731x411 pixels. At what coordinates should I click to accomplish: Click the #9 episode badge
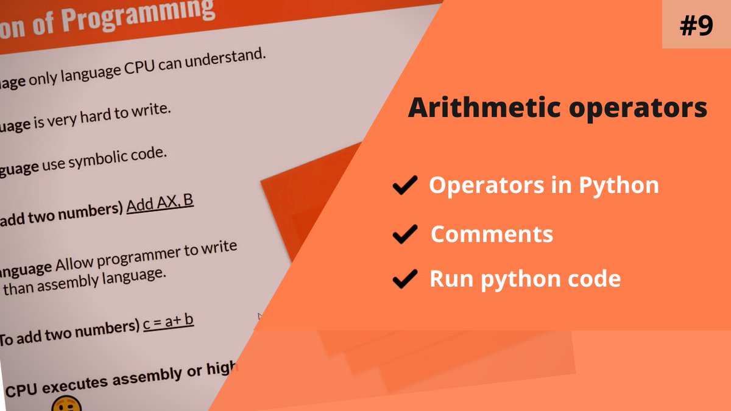[x=696, y=26]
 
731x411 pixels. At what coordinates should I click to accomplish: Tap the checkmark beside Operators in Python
[x=404, y=185]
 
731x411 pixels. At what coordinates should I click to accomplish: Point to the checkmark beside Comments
[x=404, y=234]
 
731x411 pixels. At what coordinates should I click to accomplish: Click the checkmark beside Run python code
[x=404, y=279]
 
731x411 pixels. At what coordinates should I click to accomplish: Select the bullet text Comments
[x=492, y=234]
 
